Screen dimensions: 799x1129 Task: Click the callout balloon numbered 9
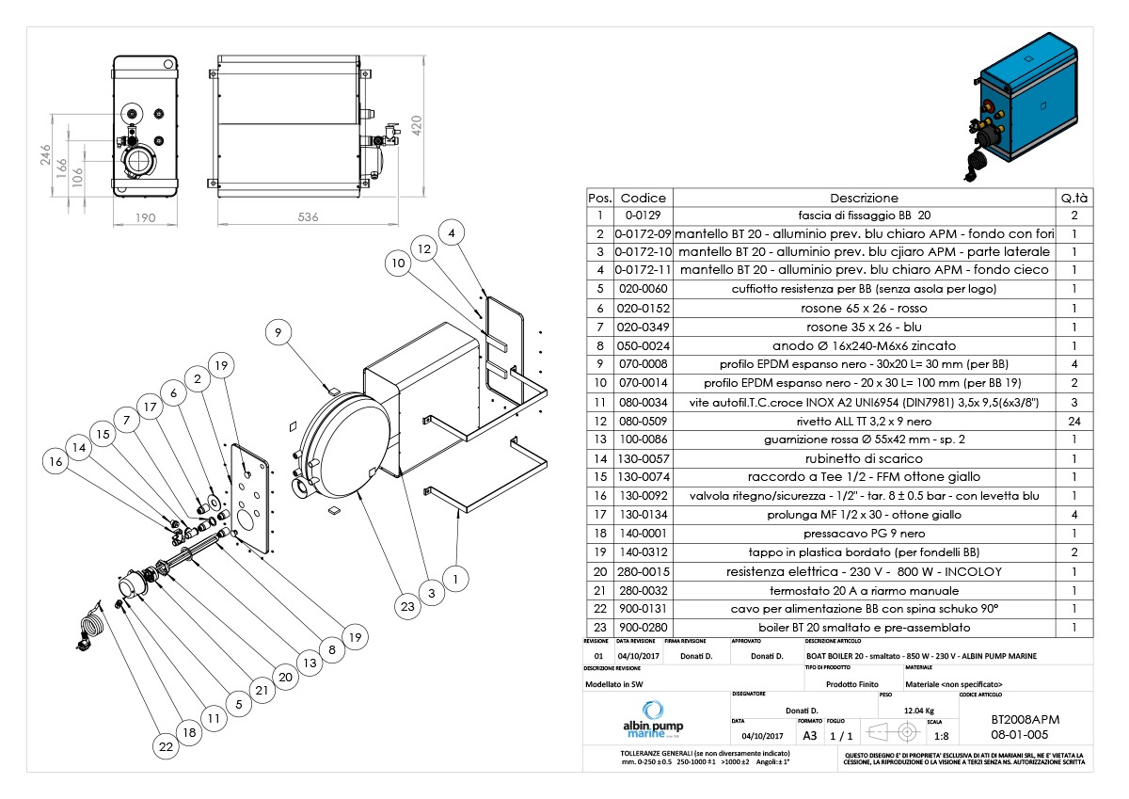tap(278, 332)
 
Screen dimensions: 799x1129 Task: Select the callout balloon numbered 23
tap(407, 607)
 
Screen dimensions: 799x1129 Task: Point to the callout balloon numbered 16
tap(56, 461)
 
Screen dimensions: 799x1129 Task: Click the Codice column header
tap(644, 198)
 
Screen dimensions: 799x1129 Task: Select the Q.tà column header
tap(1073, 198)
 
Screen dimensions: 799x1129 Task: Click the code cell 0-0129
tap(644, 216)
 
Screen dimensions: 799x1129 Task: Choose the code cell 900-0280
tap(644, 627)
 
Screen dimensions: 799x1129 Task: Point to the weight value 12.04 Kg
tap(918, 711)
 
